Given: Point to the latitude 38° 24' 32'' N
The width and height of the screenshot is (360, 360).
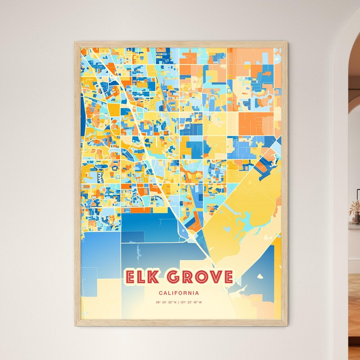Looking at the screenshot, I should pos(166,302).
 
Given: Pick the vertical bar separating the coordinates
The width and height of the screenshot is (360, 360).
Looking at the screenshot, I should pos(179,302).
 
